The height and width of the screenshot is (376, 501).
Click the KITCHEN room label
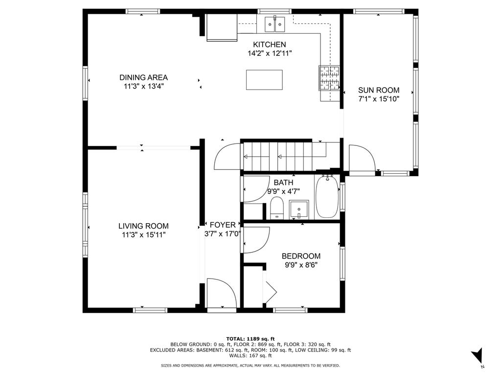point(270,45)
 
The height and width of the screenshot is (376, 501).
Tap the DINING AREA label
point(143,77)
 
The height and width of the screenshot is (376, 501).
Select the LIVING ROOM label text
point(143,226)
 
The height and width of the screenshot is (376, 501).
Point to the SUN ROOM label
point(379,90)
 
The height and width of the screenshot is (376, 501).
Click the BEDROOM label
point(301,256)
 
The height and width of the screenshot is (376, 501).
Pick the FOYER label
point(223,225)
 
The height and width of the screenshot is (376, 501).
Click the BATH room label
point(283,183)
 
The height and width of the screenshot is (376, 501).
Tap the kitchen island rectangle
point(264,80)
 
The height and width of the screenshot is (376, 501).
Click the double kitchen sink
point(275,24)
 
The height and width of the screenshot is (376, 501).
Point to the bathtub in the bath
point(327,197)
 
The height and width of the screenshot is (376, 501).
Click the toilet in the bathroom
point(277,208)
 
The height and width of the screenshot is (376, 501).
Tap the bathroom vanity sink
point(299,210)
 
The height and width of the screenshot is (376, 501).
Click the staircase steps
point(278,157)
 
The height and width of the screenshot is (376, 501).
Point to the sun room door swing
point(362,158)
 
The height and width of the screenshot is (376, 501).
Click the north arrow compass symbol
point(477,355)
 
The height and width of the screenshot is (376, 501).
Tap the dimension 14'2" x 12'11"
point(270,53)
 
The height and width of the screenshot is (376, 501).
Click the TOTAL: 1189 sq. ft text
point(250,339)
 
